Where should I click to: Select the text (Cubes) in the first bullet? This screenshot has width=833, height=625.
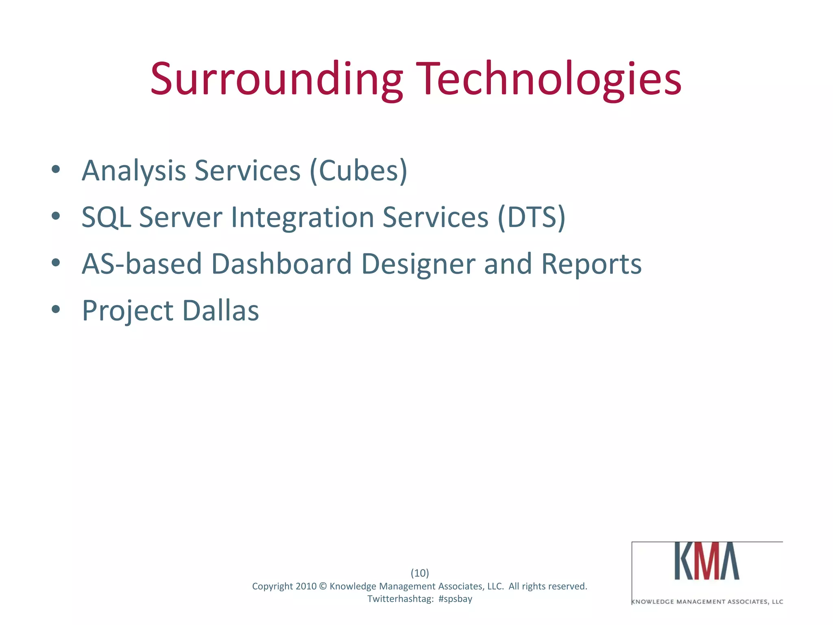coord(358,171)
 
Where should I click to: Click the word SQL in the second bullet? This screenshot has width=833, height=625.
coord(106,217)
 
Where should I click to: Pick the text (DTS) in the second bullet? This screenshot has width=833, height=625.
coord(531,217)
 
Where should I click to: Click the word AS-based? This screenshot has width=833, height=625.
coord(142,264)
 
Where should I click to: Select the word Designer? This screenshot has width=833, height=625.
coord(418,264)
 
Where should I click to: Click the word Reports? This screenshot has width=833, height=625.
coord(591,264)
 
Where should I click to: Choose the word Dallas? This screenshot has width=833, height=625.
coord(220,311)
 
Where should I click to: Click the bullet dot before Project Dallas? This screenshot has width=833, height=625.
coord(56,309)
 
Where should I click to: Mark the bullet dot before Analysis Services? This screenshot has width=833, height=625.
coord(56,169)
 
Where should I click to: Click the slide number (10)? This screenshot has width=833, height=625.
coord(420,573)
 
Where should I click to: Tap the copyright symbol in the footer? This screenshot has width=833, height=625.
coord(323,586)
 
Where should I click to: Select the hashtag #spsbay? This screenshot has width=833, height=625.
coord(455,599)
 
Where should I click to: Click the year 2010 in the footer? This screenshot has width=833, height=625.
coord(306,586)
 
